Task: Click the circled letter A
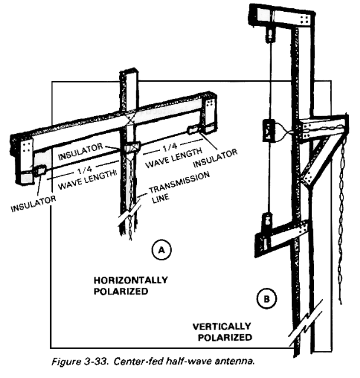pyautogui.click(x=162, y=250)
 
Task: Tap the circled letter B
pyautogui.click(x=267, y=299)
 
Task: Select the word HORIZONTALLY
pyautogui.click(x=130, y=280)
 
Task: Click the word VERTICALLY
pyautogui.click(x=222, y=327)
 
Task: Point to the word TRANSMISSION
pyautogui.click(x=179, y=183)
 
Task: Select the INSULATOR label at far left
pyautogui.click(x=33, y=203)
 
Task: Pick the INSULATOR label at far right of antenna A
pyautogui.click(x=215, y=158)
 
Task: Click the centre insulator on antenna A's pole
pyautogui.click(x=132, y=147)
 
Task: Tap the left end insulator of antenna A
pyautogui.click(x=40, y=170)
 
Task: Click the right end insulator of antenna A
pyautogui.click(x=194, y=130)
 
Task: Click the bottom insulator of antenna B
pyautogui.click(x=267, y=219)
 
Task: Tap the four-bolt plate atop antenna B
pyautogui.click(x=305, y=19)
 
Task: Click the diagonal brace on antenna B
pyautogui.click(x=316, y=162)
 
